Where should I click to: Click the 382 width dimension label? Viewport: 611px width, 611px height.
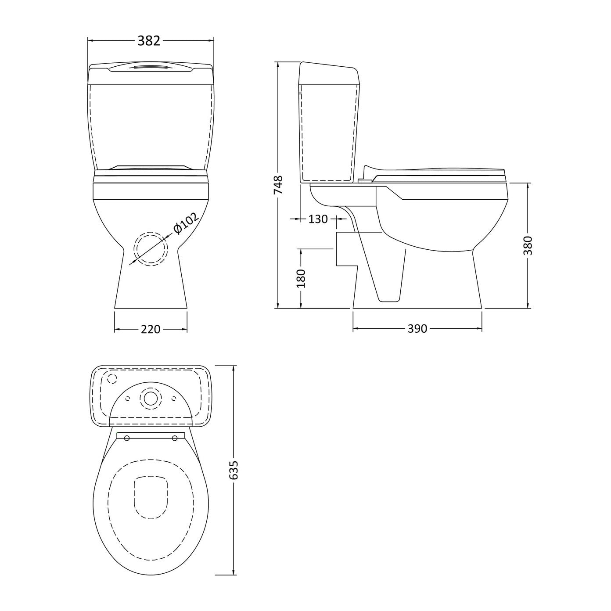pyautogui.click(x=149, y=40)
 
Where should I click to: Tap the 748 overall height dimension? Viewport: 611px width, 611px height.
pyautogui.click(x=278, y=185)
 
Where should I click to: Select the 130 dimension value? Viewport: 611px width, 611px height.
pyautogui.click(x=318, y=219)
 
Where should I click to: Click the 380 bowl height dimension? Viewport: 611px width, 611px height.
pyautogui.click(x=528, y=245)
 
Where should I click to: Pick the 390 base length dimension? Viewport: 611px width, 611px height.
pyautogui.click(x=417, y=329)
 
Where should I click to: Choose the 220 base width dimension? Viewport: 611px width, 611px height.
pyautogui.click(x=150, y=330)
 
